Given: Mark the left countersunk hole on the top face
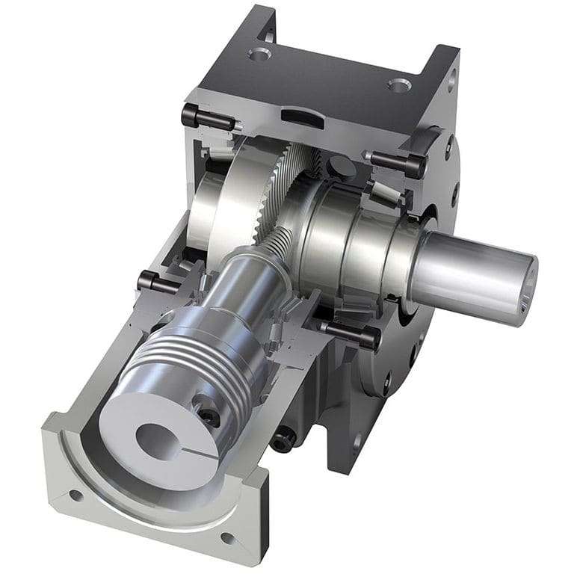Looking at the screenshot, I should (259, 54).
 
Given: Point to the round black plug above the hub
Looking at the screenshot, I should (336, 165).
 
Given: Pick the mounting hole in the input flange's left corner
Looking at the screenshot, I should (75, 494).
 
